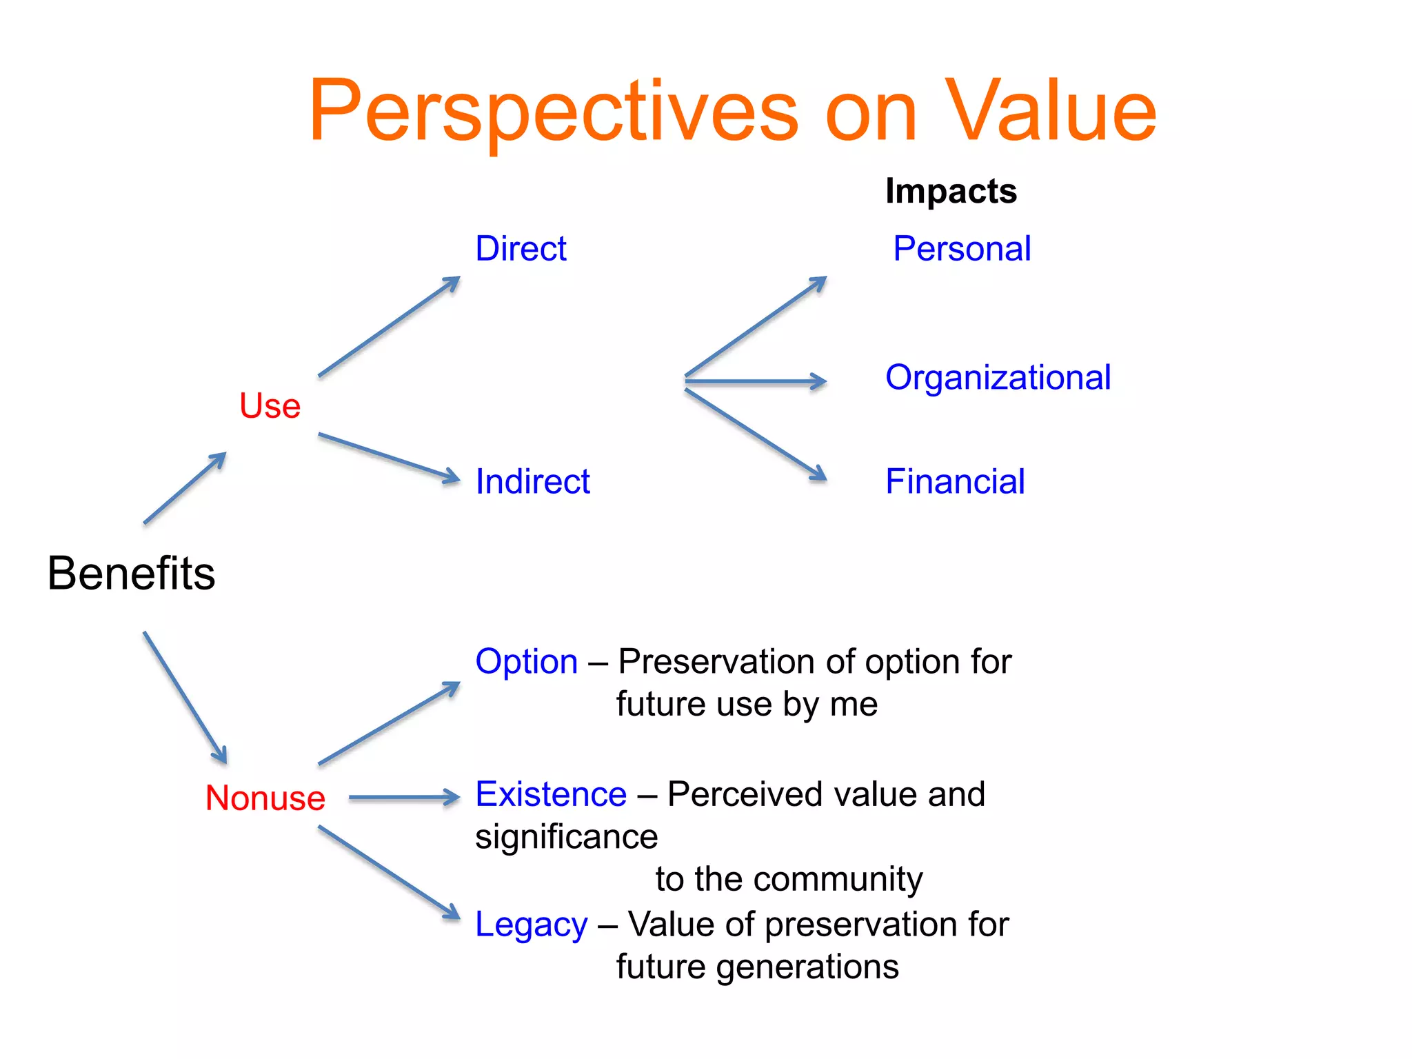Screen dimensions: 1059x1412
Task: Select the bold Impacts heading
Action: click(x=951, y=191)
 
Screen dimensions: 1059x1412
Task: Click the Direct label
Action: click(x=521, y=248)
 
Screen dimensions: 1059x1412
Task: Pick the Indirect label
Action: click(x=532, y=481)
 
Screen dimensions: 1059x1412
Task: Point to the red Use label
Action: click(x=270, y=405)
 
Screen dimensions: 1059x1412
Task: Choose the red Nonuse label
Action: click(x=265, y=798)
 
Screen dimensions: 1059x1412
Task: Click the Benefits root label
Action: click(x=131, y=573)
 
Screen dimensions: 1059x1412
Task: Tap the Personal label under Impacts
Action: click(x=962, y=248)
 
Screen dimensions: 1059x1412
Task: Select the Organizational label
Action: click(x=998, y=378)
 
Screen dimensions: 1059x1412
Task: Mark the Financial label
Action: click(x=955, y=481)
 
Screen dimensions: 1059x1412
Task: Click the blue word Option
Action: click(x=526, y=662)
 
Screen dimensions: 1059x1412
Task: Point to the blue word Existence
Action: click(x=551, y=794)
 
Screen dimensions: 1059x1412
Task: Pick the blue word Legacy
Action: click(x=531, y=925)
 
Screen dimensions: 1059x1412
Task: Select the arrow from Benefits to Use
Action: click(x=185, y=488)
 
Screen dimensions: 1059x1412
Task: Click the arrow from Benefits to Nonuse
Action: click(x=185, y=697)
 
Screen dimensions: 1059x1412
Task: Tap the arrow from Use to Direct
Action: click(x=389, y=327)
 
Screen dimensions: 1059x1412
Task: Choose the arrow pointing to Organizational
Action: click(x=756, y=381)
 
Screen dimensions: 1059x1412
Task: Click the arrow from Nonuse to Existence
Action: click(x=404, y=798)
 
